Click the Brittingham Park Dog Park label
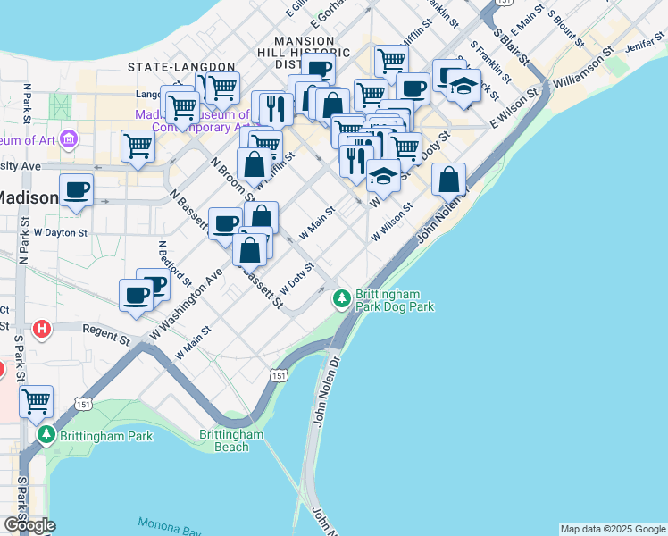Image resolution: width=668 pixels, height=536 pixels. [395, 299]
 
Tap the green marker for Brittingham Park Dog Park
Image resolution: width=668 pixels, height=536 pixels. [341, 298]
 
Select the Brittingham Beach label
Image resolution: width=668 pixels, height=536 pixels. [231, 440]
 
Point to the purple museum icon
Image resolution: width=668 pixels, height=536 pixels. [71, 140]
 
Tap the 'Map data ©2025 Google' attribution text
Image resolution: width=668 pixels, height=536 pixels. [612, 529]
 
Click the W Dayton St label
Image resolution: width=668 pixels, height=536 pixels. [59, 232]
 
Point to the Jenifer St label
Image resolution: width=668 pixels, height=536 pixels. [647, 44]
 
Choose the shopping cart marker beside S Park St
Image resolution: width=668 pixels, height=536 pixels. [36, 401]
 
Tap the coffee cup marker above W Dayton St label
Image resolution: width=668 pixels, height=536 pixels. [77, 189]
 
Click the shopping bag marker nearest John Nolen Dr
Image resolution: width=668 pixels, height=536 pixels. [449, 179]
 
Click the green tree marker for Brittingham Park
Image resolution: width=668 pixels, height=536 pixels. [47, 435]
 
